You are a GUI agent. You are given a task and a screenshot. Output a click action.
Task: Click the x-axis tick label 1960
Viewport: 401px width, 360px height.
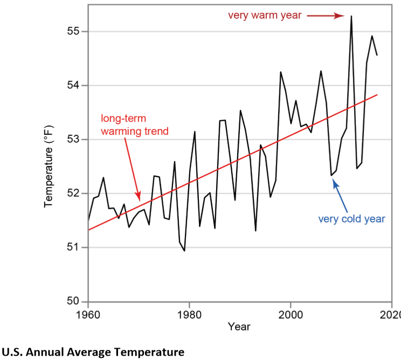[88, 314]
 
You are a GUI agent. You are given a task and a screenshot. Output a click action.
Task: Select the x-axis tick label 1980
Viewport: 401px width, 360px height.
[189, 314]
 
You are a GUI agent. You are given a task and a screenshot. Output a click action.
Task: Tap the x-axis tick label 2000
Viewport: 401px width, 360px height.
[291, 314]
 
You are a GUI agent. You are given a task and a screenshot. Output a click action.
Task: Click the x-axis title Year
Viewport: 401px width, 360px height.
[239, 327]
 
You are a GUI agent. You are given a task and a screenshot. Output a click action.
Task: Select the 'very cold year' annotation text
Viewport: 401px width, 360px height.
[351, 219]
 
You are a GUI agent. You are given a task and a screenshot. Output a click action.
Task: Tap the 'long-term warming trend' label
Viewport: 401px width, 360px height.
[135, 124]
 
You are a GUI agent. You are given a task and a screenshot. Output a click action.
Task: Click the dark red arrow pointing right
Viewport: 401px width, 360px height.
[327, 16]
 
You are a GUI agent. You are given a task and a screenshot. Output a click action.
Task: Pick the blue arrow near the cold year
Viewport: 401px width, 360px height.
[341, 194]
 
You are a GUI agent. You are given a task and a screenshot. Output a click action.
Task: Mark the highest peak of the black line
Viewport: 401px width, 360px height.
[351, 16]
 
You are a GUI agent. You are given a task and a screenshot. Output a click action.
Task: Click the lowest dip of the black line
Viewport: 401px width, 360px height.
[184, 251]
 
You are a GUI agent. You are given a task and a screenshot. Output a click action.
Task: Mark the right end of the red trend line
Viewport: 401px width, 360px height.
[377, 95]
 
